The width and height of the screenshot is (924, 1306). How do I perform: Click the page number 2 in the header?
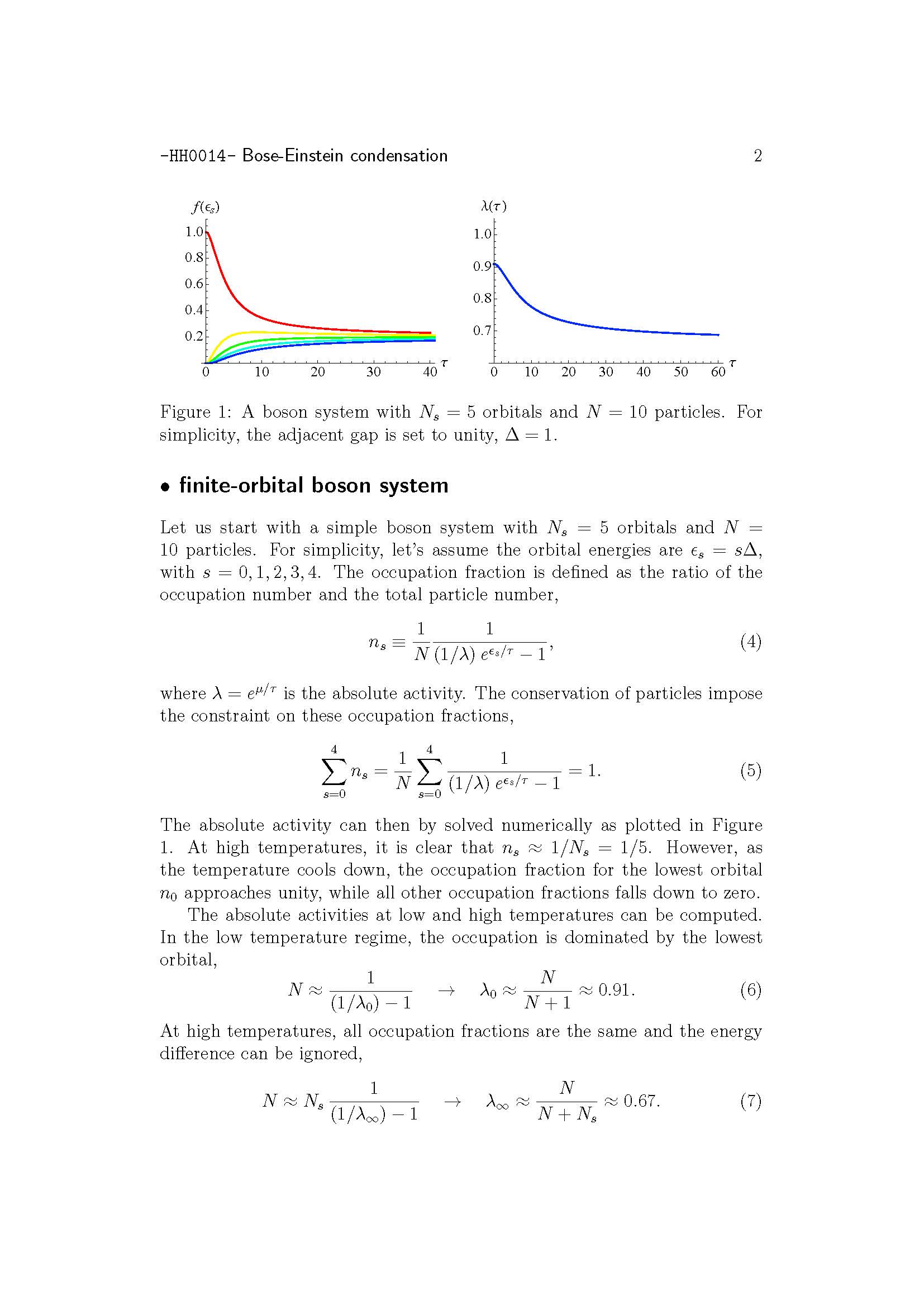tap(758, 156)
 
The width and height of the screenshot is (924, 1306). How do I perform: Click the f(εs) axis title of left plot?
tap(206, 207)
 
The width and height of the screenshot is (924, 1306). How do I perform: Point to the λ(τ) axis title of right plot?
tap(493, 206)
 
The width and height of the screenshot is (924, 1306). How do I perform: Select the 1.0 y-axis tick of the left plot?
tap(193, 232)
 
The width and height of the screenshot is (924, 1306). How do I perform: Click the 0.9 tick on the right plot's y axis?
tap(482, 266)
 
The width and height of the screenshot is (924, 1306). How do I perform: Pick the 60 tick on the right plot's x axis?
tap(718, 372)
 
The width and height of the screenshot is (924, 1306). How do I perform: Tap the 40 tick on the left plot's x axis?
tap(430, 372)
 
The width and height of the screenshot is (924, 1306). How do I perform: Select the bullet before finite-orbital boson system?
tap(165, 487)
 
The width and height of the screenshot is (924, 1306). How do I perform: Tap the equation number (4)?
tap(750, 642)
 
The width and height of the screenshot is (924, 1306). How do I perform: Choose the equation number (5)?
tap(750, 770)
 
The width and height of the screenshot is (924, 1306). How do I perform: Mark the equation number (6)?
tap(750, 990)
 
